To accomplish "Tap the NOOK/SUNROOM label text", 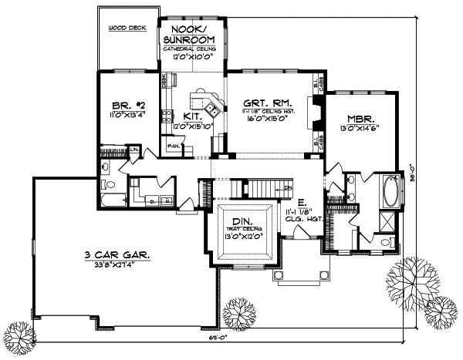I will tap(192, 32).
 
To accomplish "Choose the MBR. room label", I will tap(360, 119).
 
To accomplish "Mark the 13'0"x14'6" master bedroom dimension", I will tap(360, 130).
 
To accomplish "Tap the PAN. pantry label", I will tap(173, 144).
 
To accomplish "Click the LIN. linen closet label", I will tap(134, 149).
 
